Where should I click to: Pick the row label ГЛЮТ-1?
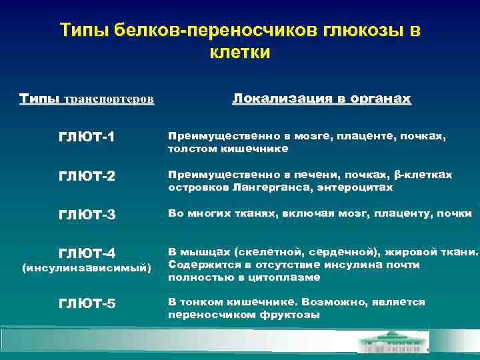click(87, 137)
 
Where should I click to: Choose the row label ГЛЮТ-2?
click(87, 177)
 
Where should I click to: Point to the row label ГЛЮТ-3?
click(87, 215)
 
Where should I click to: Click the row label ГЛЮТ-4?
click(87, 253)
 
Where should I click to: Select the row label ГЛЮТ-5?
click(87, 304)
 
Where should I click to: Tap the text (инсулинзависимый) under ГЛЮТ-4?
click(87, 268)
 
